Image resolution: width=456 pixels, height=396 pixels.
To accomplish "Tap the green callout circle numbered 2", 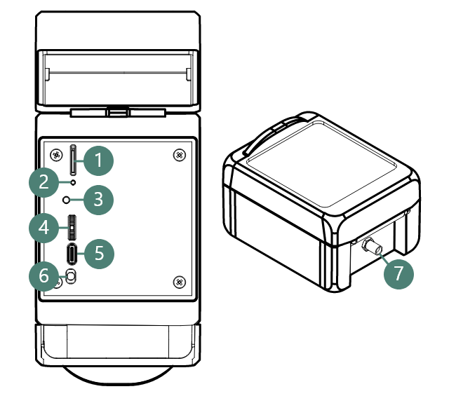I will (44, 184).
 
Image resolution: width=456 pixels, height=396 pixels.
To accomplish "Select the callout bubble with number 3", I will (98, 199).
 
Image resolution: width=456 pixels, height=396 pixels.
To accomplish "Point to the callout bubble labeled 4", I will (44, 228).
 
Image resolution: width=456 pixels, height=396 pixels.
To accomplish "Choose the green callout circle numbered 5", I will (98, 253).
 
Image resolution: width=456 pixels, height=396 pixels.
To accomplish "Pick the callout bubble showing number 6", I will (44, 276).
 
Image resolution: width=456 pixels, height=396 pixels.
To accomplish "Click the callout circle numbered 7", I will (399, 273).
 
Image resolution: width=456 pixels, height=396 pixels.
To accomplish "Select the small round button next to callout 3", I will (67, 200).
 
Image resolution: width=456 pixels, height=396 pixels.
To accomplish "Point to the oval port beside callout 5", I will (73, 253).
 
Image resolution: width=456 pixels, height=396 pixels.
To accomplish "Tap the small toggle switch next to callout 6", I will (71, 275).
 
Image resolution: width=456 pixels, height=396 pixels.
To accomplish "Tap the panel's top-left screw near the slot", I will (55, 154).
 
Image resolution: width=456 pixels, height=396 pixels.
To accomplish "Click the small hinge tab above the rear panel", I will (119, 111).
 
